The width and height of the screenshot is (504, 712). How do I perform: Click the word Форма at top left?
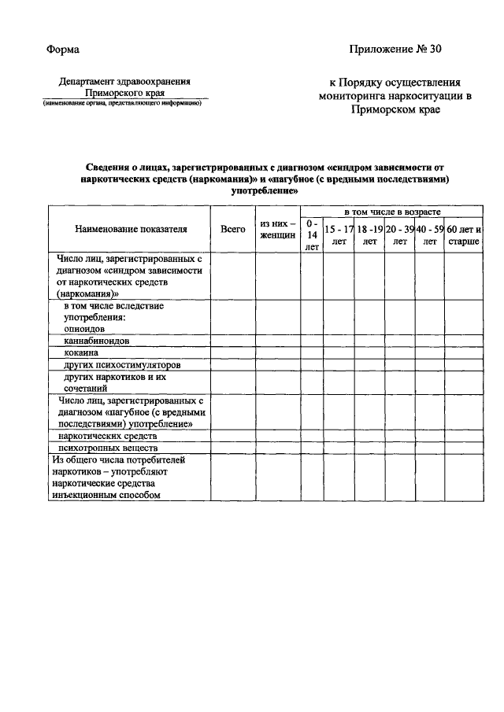(62, 50)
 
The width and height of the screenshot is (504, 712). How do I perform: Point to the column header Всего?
(232, 229)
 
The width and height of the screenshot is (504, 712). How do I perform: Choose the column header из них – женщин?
(277, 229)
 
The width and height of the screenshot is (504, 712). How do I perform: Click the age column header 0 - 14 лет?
(312, 234)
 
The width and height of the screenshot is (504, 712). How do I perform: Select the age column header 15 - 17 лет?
(339, 234)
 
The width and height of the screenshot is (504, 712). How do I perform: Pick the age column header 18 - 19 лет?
(369, 234)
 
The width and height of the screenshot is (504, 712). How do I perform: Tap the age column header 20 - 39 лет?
(399, 234)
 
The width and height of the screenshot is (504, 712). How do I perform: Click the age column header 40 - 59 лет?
(430, 234)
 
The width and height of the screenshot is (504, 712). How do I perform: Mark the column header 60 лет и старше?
(464, 234)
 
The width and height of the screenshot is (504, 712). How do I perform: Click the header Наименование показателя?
(131, 229)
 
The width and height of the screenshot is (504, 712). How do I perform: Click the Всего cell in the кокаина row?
(232, 353)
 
